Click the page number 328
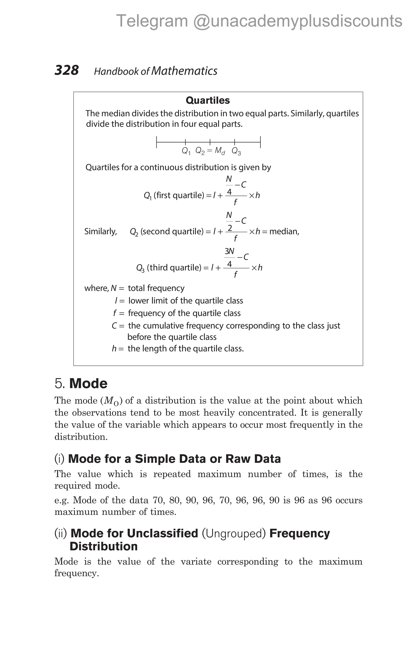pos(67,70)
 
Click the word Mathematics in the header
pos(184,71)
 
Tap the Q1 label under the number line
pos(186,151)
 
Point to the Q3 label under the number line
pos(236,151)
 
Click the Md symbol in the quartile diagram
pos(219,151)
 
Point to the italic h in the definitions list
pos(114,348)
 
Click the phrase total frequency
pos(156,288)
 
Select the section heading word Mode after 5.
pos(88,383)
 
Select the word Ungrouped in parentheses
pos(234,533)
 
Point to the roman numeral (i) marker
pos(59,459)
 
